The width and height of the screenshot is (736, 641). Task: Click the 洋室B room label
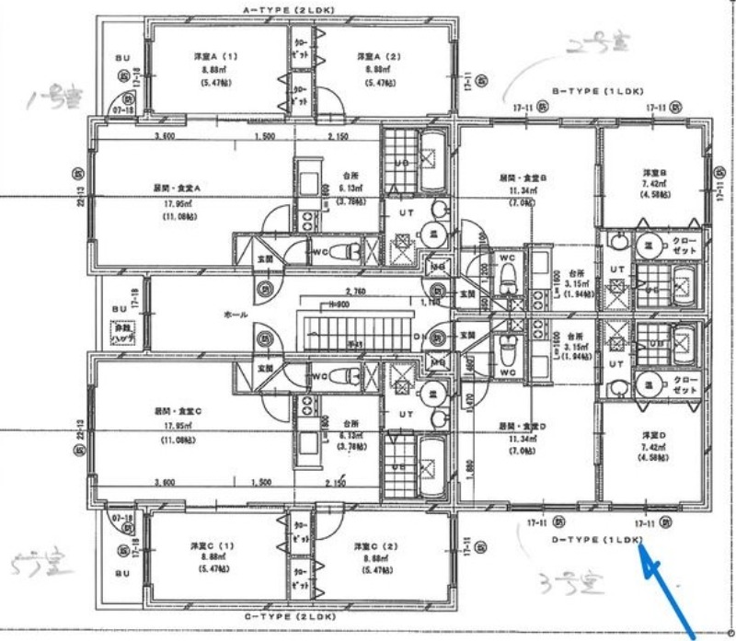(654, 172)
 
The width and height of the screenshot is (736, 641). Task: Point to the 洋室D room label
(654, 434)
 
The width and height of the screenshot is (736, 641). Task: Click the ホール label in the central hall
(235, 315)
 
